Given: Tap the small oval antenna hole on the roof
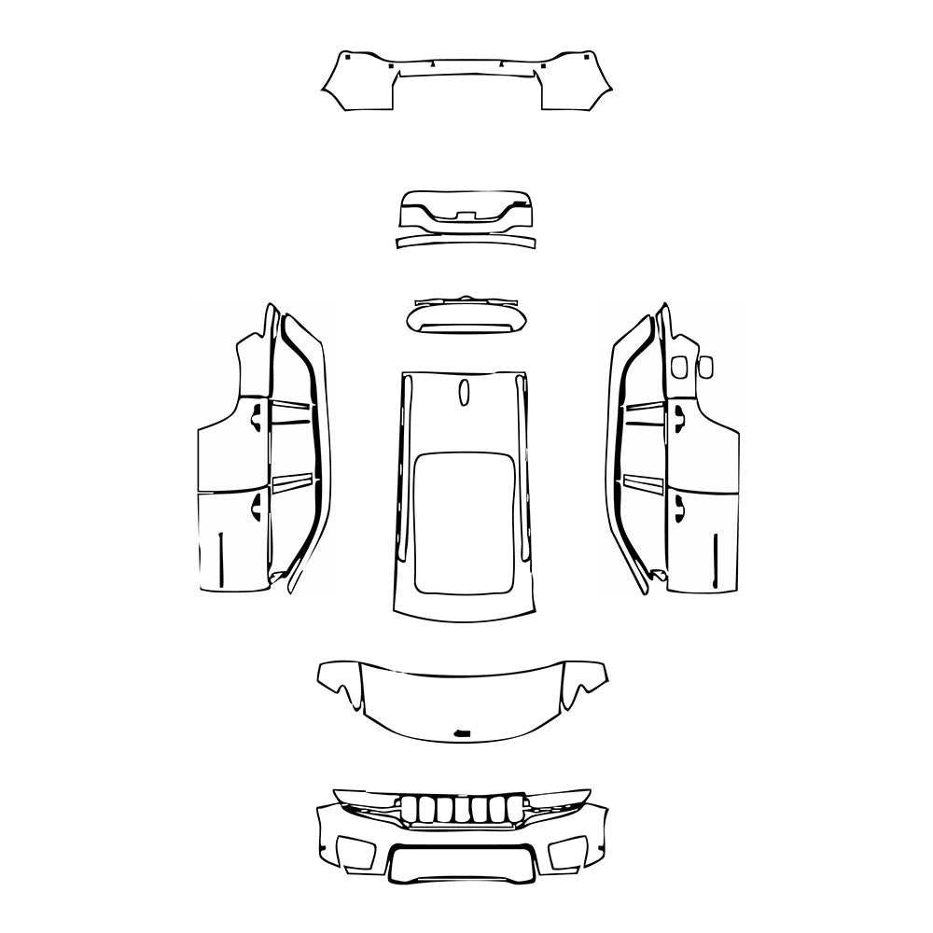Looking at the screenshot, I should tap(464, 394).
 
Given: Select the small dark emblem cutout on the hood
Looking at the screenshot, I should tap(460, 733).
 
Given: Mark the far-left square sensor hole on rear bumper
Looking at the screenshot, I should tap(346, 57).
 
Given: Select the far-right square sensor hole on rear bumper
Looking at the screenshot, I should tap(586, 57).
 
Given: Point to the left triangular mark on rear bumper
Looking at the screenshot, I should tap(433, 64).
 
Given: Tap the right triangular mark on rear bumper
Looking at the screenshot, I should tap(501, 64).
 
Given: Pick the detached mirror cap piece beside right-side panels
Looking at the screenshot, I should tap(706, 368).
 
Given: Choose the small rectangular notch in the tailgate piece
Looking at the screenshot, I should tap(465, 216).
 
